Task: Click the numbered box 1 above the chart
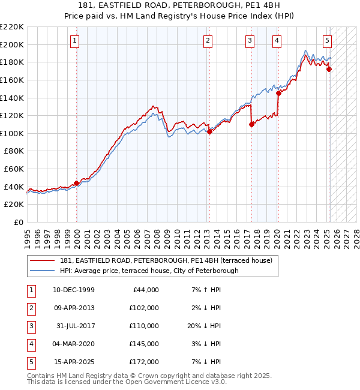tap(74, 41)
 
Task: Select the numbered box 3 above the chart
tap(249, 41)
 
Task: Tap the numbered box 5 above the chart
tap(327, 41)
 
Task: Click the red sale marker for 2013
tap(209, 132)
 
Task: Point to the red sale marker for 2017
tap(251, 125)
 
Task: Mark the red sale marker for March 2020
tap(278, 93)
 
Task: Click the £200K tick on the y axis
tap(13, 44)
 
